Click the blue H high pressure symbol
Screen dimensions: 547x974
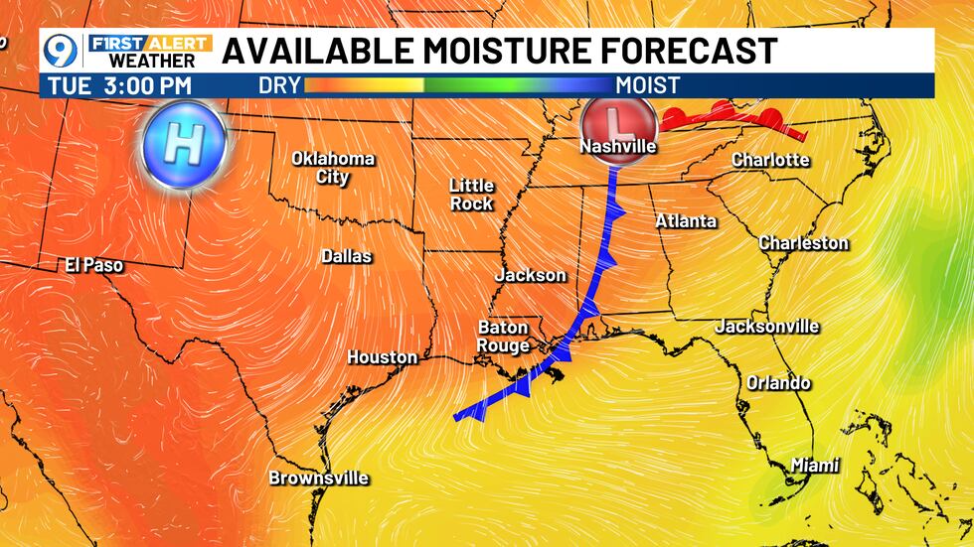183,144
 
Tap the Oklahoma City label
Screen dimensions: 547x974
333,168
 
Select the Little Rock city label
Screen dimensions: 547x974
471,194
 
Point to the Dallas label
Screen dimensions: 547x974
346,256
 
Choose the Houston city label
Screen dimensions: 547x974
382,357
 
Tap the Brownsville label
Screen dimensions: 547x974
318,478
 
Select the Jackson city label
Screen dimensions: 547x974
530,275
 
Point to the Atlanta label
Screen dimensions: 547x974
686,220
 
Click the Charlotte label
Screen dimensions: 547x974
770,159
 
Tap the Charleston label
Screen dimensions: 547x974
803,242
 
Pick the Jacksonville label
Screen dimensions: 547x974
767,326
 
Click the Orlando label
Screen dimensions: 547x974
778,383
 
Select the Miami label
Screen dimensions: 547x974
815,465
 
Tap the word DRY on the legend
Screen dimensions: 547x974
279,85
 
